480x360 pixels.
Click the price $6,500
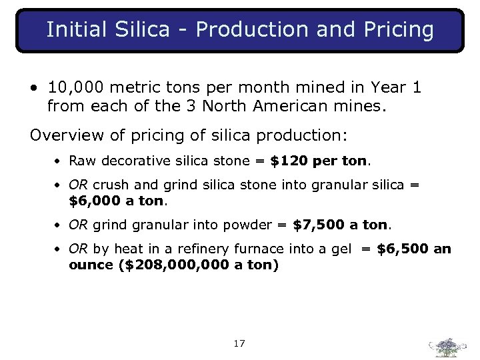(403, 249)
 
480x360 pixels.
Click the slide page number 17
(239, 344)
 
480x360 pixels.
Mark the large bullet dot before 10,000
(33, 88)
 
